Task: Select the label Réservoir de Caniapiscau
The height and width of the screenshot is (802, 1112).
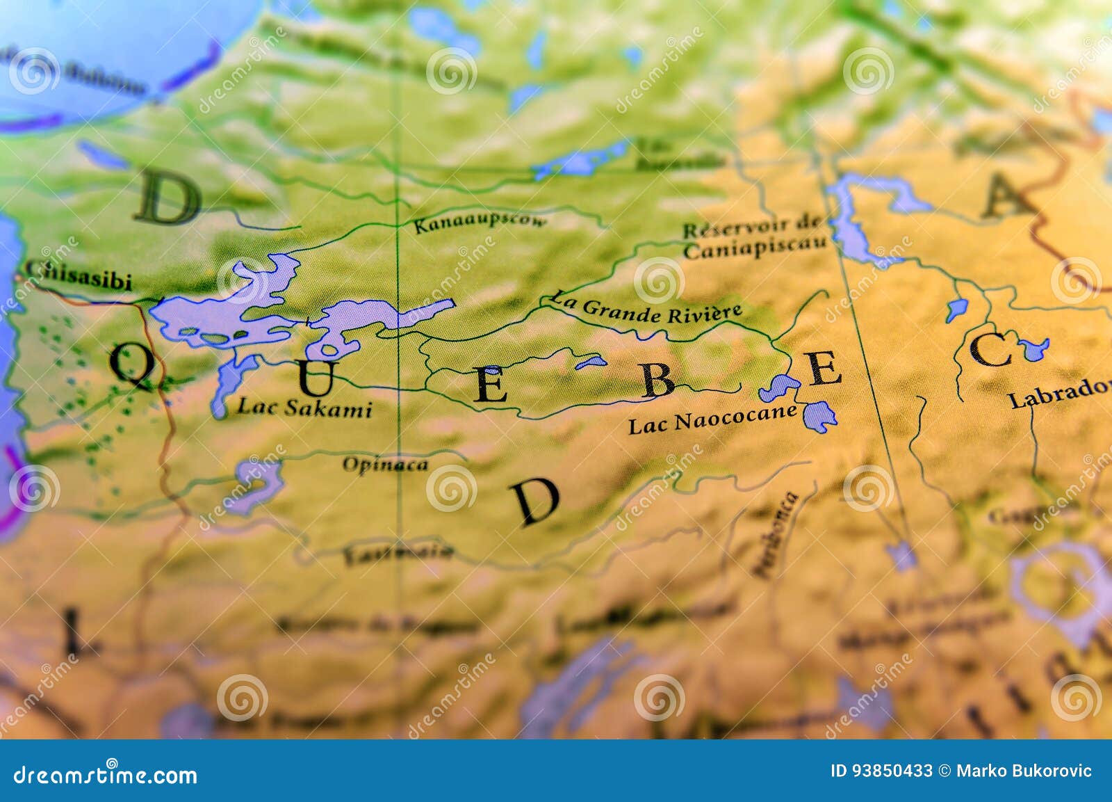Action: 755,238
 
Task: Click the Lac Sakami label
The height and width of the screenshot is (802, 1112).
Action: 304,408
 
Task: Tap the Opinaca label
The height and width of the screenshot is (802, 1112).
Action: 385,465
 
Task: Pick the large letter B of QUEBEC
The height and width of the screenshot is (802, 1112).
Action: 657,380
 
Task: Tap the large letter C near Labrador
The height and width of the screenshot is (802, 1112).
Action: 990,350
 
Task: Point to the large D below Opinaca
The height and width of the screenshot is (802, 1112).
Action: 535,502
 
